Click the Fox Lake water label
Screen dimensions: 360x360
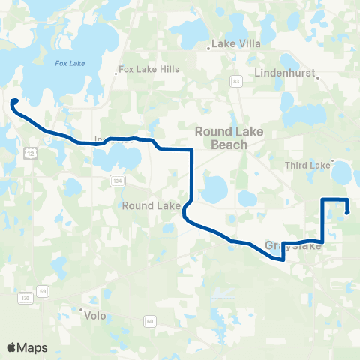click(x=70, y=63)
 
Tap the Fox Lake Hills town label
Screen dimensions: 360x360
click(x=150, y=69)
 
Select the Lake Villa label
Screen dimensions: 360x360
click(x=236, y=43)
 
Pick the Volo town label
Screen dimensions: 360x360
click(x=96, y=316)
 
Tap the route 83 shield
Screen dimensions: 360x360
click(x=237, y=81)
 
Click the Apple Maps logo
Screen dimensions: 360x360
click(x=28, y=347)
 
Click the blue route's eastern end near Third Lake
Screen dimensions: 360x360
click(x=347, y=212)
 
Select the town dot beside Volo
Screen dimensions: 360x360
click(x=81, y=309)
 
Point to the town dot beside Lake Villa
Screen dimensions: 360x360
click(x=208, y=49)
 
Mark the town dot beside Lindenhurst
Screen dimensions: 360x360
click(x=318, y=76)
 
